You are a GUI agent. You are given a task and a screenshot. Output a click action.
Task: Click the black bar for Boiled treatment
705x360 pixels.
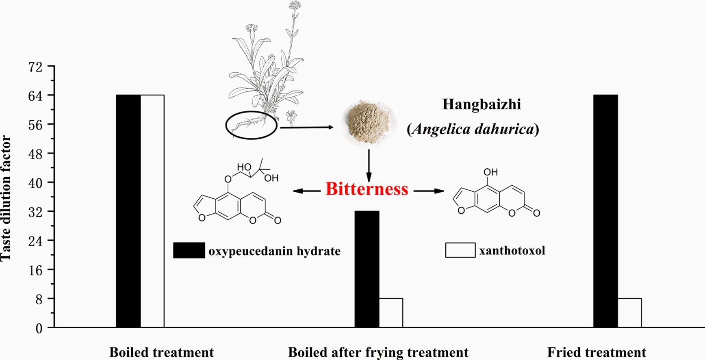pyautogui.click(x=128, y=211)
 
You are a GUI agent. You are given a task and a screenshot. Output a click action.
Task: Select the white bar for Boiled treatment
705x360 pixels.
pyautogui.click(x=152, y=211)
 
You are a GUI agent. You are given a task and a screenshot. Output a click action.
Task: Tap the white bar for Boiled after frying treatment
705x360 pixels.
pyautogui.click(x=391, y=313)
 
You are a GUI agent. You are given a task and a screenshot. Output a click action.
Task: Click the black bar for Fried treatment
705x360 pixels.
pyautogui.click(x=605, y=211)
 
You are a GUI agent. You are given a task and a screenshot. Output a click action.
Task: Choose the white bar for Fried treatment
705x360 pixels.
pyautogui.click(x=629, y=313)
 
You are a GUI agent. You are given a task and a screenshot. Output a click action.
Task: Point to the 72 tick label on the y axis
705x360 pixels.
pyautogui.click(x=35, y=67)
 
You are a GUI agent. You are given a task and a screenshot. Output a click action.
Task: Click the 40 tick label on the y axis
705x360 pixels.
pyautogui.click(x=35, y=183)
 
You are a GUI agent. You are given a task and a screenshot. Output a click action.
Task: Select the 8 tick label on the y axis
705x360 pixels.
pyautogui.click(x=39, y=299)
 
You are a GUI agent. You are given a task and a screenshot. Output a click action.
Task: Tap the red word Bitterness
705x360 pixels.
pyautogui.click(x=367, y=189)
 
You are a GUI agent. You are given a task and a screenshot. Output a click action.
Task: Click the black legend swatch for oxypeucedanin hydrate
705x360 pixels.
pyautogui.click(x=189, y=250)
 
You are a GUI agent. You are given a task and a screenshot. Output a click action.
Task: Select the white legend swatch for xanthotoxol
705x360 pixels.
pyautogui.click(x=460, y=250)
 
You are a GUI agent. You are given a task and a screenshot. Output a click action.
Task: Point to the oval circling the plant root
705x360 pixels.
pyautogui.click(x=252, y=125)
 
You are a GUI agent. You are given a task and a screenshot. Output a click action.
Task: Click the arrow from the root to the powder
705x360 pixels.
pyautogui.click(x=306, y=128)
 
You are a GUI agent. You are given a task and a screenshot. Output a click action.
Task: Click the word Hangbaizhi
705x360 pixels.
pyautogui.click(x=482, y=104)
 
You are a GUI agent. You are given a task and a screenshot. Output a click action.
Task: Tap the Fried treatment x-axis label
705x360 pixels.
pyautogui.click(x=596, y=352)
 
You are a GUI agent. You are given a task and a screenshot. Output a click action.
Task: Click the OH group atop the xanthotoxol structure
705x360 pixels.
pyautogui.click(x=490, y=172)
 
